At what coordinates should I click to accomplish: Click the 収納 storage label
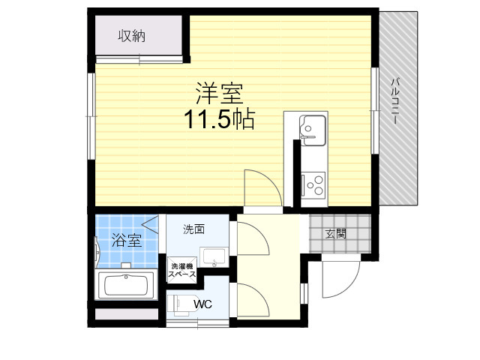coord(132,36)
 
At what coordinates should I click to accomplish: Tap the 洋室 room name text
coord(219,93)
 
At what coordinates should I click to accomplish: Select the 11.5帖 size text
coord(219,119)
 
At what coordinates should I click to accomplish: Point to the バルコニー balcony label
coord(395,101)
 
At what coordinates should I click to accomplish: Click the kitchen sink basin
coord(312,130)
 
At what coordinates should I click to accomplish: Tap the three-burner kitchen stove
coord(313,184)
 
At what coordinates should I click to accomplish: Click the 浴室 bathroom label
coord(127,240)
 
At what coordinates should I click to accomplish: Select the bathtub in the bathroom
coord(126,285)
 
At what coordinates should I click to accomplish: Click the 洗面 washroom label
coord(193,229)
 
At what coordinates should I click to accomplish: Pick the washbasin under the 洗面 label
coord(214,257)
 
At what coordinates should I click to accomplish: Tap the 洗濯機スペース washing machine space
coord(182,270)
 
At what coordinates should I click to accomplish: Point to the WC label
coord(202,304)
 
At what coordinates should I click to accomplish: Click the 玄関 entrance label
coord(336,234)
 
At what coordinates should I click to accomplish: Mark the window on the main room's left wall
coord(91,116)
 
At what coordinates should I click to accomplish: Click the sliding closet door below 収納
coord(139,59)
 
